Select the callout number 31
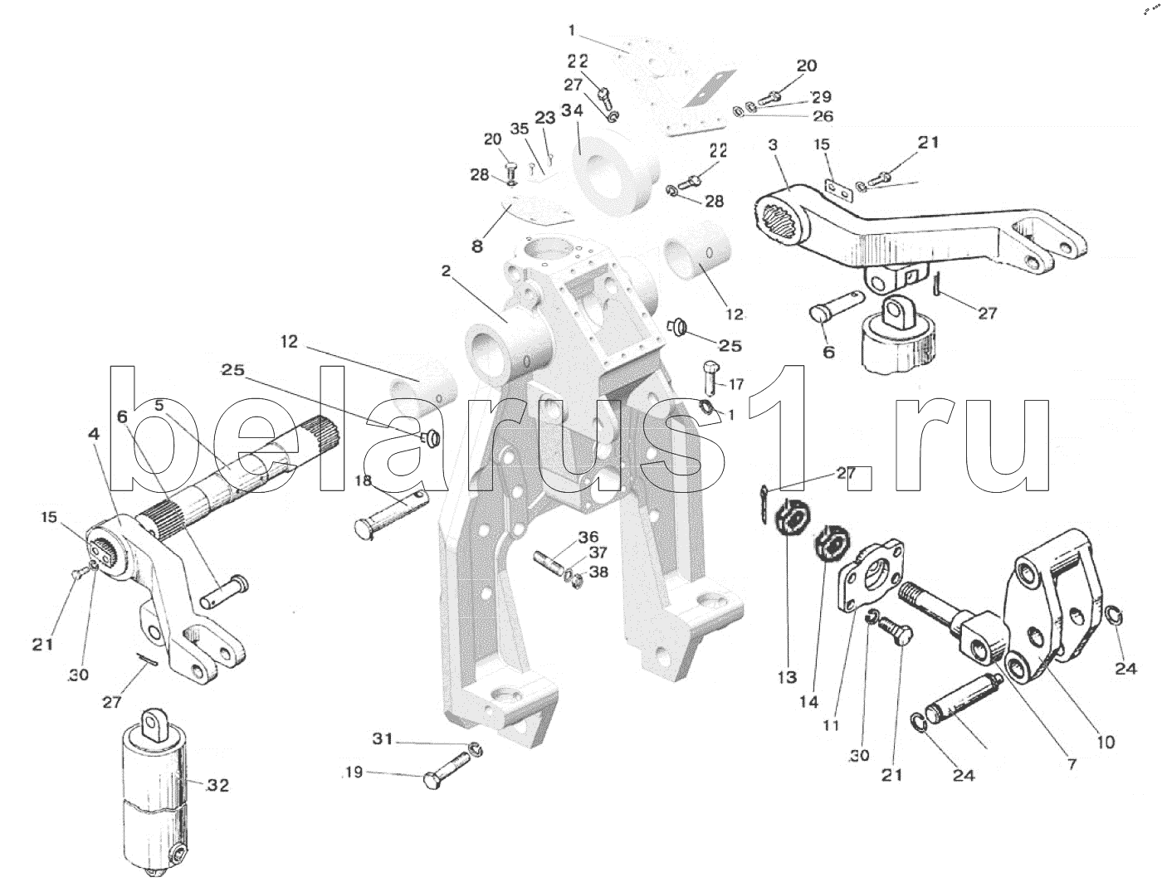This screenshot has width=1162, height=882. click(380, 739)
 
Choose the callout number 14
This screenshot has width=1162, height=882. click(810, 701)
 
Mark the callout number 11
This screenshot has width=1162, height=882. click(832, 725)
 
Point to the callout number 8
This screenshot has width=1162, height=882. click(476, 246)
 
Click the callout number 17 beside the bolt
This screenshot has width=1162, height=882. click(736, 385)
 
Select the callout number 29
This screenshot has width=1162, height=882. click(821, 97)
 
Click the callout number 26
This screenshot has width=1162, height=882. click(823, 116)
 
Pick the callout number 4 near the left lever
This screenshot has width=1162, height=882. click(94, 434)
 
